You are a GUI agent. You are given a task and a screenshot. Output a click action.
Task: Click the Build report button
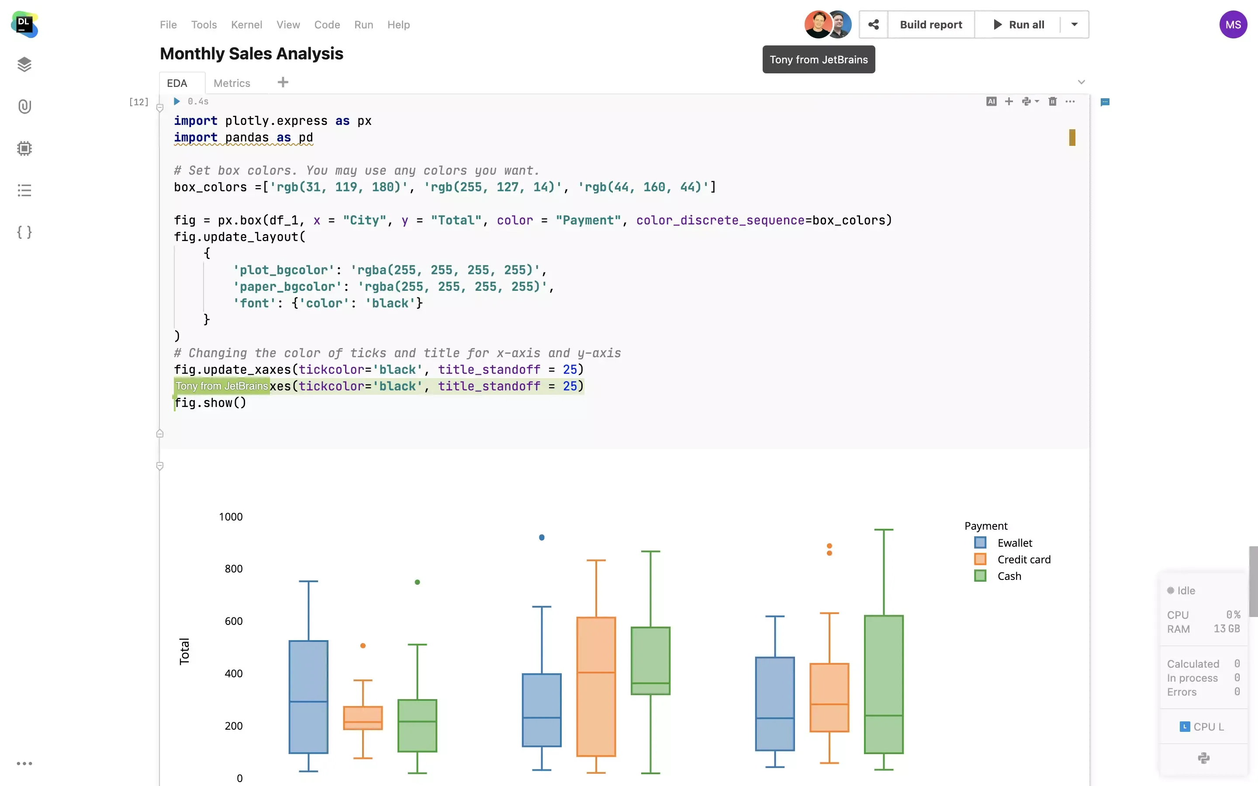(930, 24)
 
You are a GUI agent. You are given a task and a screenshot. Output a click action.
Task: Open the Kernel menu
(246, 24)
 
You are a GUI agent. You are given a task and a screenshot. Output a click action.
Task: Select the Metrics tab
(232, 83)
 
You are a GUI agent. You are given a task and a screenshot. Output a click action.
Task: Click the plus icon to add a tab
(283, 82)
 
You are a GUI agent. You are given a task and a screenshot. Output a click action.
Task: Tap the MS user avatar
(1233, 24)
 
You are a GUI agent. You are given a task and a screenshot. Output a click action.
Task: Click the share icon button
(873, 24)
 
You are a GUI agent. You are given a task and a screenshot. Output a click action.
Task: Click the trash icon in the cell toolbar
(1052, 101)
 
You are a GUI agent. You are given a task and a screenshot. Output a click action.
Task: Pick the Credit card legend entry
(1023, 559)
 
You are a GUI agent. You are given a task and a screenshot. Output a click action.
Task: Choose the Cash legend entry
(1009, 576)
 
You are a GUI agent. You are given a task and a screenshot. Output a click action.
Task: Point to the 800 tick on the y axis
(233, 569)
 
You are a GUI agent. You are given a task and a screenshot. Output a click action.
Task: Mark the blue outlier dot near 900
(542, 538)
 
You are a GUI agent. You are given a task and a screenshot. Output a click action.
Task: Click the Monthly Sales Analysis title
(252, 54)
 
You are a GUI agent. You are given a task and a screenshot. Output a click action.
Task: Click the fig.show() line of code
(211, 403)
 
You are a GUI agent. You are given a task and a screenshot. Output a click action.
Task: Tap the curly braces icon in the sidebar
(24, 232)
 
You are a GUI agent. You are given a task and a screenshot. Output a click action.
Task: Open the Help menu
(398, 24)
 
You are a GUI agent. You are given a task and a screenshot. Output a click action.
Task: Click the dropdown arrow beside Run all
(1074, 24)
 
